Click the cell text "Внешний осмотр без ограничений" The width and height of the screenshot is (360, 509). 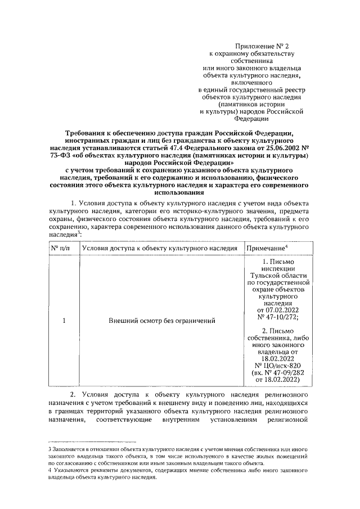tap(163, 321)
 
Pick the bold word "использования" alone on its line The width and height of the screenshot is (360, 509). tap(179, 191)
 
